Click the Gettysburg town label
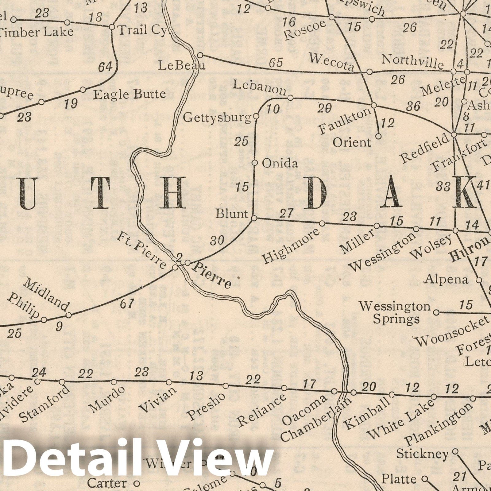(217, 118)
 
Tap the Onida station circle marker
(254, 163)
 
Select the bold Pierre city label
(212, 275)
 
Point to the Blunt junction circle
(254, 218)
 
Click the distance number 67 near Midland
(127, 304)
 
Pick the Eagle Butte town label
(129, 94)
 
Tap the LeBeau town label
(181, 65)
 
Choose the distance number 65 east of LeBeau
(276, 63)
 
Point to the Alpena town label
(447, 279)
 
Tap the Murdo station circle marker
(114, 382)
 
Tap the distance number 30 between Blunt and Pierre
(217, 241)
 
